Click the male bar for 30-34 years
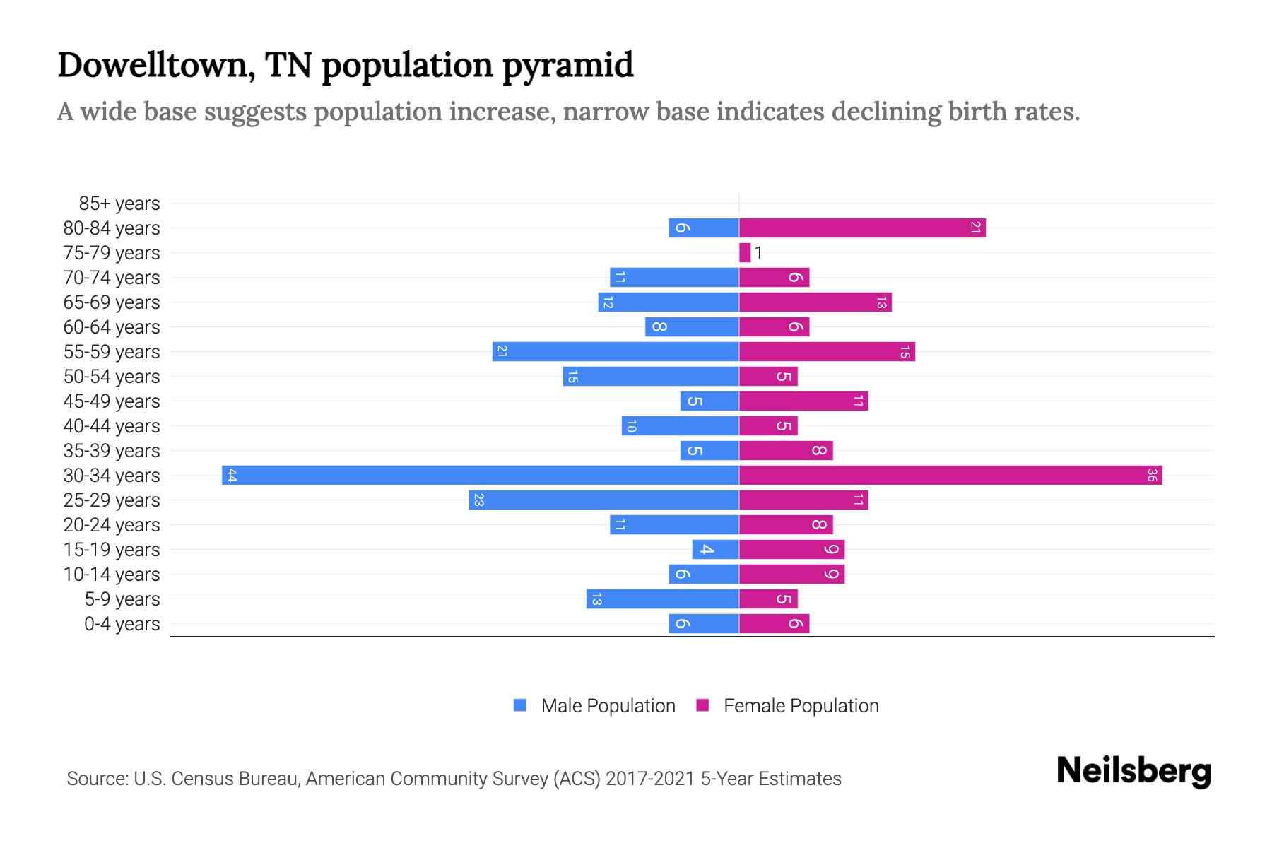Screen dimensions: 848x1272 click(x=481, y=475)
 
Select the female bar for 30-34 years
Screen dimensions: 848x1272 click(x=950, y=475)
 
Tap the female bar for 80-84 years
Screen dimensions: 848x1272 click(x=862, y=228)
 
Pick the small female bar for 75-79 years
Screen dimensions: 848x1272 click(x=745, y=252)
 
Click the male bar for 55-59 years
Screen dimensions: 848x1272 click(x=616, y=351)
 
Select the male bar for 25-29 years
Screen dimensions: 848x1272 click(x=604, y=500)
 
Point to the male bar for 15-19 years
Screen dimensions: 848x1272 click(x=715, y=549)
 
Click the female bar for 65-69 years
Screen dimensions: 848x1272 click(x=815, y=302)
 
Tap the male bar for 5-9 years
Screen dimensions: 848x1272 click(x=663, y=599)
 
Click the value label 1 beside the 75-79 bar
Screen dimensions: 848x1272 click(x=758, y=253)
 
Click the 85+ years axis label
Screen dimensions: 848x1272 click(x=119, y=204)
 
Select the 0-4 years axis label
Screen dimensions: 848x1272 click(x=122, y=624)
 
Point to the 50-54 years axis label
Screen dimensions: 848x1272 click(x=112, y=377)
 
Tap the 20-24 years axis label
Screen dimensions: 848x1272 click(x=112, y=525)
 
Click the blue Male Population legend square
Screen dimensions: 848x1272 click(x=520, y=705)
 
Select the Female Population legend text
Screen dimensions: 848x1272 click(x=801, y=706)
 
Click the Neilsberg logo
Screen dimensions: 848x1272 click(x=1133, y=771)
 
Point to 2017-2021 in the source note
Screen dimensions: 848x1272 click(x=650, y=779)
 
